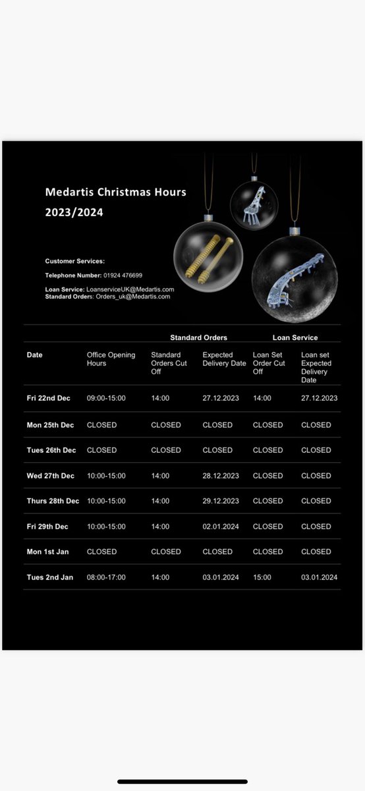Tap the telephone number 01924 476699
[x=123, y=275]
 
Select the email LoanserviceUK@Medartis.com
[x=130, y=289]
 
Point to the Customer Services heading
[x=74, y=262]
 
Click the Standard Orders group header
[x=198, y=337]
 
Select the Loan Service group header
[x=295, y=337]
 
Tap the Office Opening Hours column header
[x=111, y=359]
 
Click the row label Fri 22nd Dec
[x=48, y=398]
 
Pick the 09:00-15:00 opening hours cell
[x=106, y=398]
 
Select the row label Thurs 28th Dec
[x=53, y=501]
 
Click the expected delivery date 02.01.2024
[x=221, y=527]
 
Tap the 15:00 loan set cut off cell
[x=262, y=577]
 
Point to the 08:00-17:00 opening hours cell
[x=106, y=577]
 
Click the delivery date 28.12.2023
[x=221, y=476]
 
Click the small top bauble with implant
[x=254, y=205]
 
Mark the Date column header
[x=34, y=355]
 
